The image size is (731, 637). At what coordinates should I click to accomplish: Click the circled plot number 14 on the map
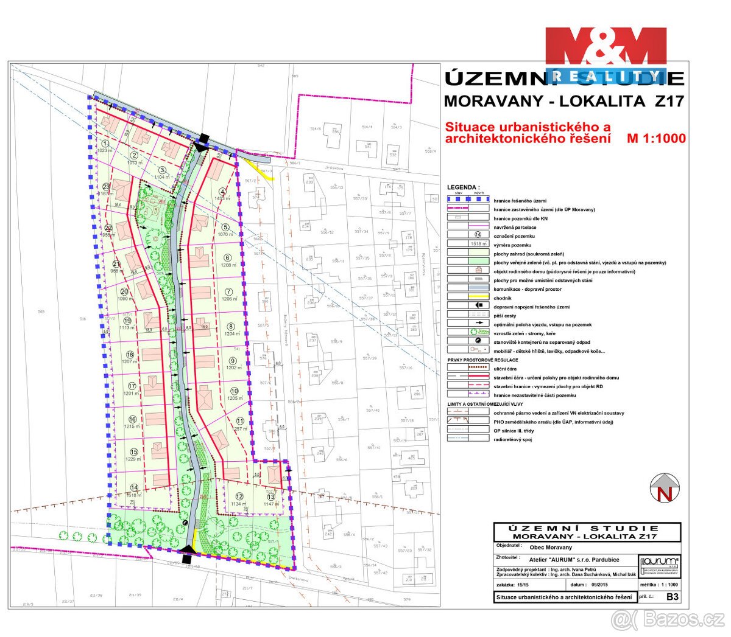[x=135, y=487]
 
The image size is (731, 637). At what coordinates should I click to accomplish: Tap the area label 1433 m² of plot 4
[x=222, y=199]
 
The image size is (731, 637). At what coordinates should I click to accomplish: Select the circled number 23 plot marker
[x=106, y=187]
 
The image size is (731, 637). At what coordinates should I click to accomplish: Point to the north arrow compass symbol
[x=665, y=489]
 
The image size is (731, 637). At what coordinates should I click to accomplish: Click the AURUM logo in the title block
[x=660, y=564]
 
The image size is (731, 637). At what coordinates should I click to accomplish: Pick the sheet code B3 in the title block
[x=672, y=597]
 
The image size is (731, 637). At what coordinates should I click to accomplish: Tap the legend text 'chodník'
[x=503, y=298]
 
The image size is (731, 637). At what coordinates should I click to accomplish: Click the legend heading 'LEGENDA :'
[x=463, y=187]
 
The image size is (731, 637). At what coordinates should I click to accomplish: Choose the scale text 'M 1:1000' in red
[x=656, y=139]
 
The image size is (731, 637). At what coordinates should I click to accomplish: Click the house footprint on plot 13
[x=274, y=473]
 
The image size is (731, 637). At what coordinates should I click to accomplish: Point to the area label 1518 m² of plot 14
[x=135, y=496]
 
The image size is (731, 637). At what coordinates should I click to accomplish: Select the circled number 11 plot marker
[x=240, y=420]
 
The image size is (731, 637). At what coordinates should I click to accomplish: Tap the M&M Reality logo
[x=606, y=55]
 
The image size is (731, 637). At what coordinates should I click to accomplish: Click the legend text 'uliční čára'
[x=507, y=369]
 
